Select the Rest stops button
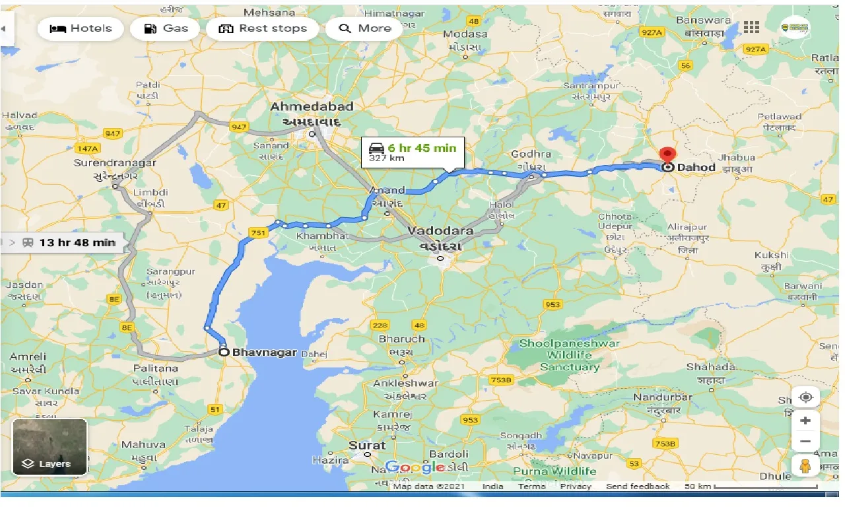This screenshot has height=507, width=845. coord(263,28)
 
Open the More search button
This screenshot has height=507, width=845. coord(364,28)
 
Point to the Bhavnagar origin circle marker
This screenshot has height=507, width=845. coord(224,353)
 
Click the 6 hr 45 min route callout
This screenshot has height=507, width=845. coord(413,152)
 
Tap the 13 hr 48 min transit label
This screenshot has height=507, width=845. coord(69,242)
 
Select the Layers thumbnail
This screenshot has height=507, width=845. coord(50,447)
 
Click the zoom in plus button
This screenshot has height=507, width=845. coord(805,420)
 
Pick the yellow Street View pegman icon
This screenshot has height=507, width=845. coord(805,465)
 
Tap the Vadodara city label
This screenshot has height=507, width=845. coord(440,231)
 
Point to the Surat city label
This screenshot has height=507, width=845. coord(367,446)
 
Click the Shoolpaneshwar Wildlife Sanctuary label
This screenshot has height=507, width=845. coord(569,355)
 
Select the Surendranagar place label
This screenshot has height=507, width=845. coord(115,162)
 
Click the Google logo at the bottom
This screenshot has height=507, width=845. coord(415,467)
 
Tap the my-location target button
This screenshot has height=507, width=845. coord(805,397)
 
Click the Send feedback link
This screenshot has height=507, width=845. coord(637,487)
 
